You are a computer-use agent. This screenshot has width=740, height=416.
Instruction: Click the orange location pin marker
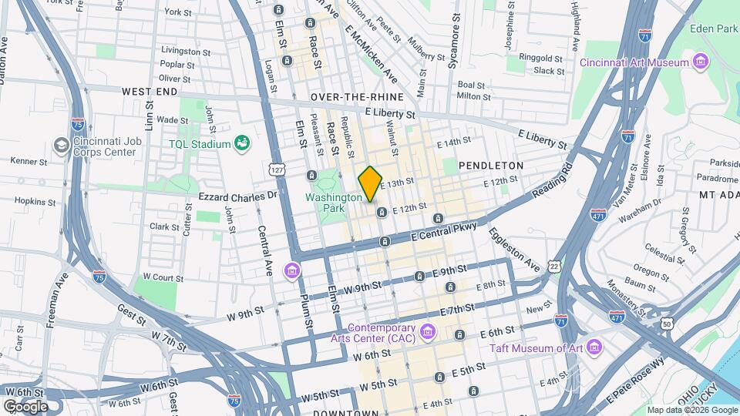tap(370, 183)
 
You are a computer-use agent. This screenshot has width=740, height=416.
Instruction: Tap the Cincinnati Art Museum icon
tap(701, 62)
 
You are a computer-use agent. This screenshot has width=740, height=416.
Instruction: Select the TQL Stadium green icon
tap(243, 143)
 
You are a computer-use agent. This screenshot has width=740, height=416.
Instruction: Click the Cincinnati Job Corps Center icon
tap(61, 145)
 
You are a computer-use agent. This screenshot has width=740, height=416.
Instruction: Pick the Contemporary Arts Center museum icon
tap(429, 333)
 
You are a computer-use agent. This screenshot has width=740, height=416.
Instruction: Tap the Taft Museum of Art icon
tap(593, 347)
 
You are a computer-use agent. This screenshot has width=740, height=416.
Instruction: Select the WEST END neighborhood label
tap(150, 91)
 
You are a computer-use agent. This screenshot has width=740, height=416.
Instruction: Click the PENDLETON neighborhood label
tap(491, 166)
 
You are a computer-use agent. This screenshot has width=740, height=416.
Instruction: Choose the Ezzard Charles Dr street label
tap(237, 196)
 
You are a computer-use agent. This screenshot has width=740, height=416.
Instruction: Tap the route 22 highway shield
tap(554, 266)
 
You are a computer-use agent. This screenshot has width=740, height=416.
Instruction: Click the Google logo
tap(25, 406)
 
